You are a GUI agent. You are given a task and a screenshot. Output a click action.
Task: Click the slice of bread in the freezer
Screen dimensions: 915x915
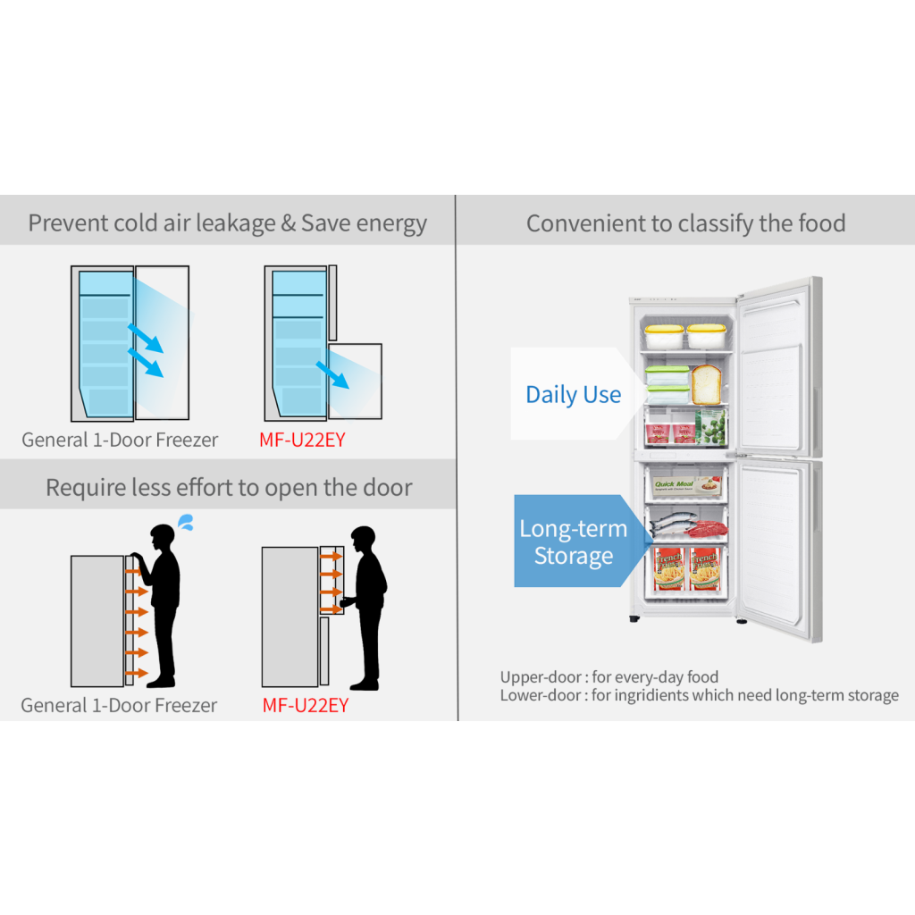(707, 383)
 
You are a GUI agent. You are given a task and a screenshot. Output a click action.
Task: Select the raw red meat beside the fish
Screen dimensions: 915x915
(706, 528)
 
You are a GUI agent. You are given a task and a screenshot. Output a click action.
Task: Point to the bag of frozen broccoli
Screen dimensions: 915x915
(711, 428)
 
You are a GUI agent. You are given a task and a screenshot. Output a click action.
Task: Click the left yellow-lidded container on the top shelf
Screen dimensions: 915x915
(664, 337)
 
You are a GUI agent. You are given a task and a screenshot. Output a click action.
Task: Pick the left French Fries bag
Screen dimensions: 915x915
(668, 568)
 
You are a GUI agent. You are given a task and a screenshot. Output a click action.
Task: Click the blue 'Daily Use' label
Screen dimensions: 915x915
(573, 395)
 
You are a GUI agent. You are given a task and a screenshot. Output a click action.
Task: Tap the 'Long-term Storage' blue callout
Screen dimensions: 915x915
(573, 541)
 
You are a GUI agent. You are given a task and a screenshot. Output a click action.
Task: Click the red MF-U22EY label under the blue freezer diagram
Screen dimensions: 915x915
(302, 440)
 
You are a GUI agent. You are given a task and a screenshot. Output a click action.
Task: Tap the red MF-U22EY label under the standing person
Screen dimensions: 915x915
(305, 705)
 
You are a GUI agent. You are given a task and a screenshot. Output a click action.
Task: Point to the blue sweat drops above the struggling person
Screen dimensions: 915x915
(187, 521)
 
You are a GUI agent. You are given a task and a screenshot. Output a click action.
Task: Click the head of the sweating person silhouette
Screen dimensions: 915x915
(162, 539)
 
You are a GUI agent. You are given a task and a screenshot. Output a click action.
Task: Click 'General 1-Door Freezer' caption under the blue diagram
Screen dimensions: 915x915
(120, 440)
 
